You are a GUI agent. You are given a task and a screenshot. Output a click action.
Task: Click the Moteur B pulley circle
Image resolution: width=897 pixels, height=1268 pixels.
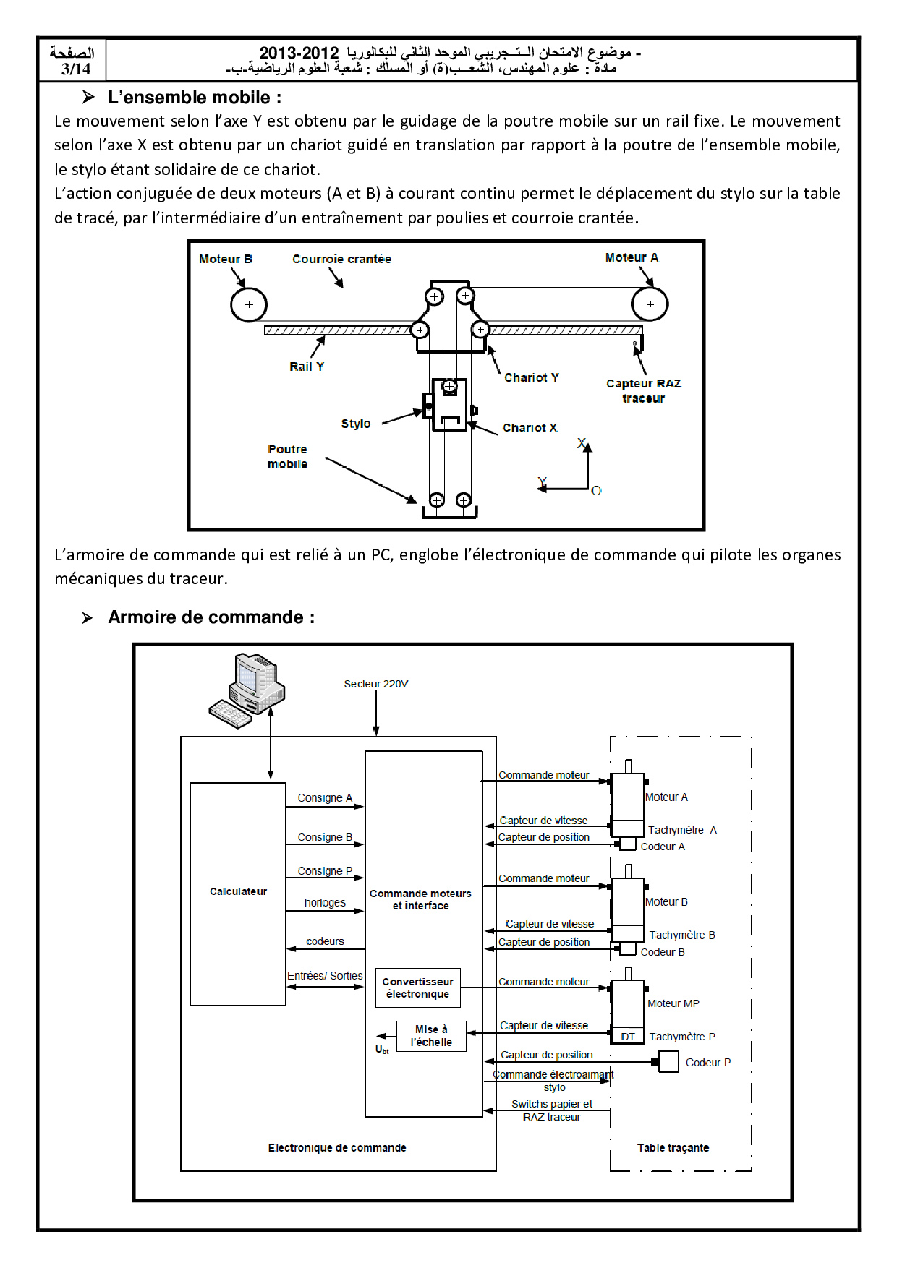[x=249, y=304]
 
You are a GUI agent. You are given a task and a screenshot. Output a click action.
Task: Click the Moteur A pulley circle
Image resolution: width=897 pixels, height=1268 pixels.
[x=650, y=304]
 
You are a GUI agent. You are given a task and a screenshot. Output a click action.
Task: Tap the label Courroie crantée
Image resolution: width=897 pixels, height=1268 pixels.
[x=341, y=259]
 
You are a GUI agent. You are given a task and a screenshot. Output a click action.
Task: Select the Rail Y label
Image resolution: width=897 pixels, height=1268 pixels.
[x=307, y=367]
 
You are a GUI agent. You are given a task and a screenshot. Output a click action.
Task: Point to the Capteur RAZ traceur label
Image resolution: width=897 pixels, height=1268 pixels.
[x=643, y=390]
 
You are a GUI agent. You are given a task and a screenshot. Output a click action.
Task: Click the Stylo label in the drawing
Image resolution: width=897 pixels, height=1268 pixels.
[x=355, y=424]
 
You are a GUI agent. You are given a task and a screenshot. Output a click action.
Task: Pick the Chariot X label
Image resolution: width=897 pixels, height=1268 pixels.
[x=530, y=428]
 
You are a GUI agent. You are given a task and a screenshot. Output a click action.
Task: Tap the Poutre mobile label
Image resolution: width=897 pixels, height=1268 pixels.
[x=287, y=457]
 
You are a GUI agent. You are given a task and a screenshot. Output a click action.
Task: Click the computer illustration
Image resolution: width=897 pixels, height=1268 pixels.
[x=247, y=690]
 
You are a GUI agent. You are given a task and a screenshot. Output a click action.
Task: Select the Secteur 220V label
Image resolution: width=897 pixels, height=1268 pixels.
[x=375, y=684]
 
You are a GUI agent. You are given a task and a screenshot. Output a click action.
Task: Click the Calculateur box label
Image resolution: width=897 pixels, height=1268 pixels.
[x=238, y=891]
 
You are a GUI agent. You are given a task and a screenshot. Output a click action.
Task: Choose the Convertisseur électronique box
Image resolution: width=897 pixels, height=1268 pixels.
[x=418, y=988]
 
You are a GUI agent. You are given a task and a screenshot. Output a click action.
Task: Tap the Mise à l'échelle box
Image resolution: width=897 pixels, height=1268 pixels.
[x=431, y=1036]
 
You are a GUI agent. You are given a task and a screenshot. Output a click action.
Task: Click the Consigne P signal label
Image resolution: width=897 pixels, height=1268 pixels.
[x=325, y=871]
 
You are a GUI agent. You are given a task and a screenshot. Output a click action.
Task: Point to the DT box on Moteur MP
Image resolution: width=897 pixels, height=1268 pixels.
[x=628, y=1037]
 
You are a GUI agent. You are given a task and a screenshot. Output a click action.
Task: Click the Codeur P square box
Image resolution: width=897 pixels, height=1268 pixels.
[x=668, y=1062]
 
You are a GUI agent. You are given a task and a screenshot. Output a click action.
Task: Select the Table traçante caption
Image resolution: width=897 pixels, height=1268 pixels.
[x=673, y=1148]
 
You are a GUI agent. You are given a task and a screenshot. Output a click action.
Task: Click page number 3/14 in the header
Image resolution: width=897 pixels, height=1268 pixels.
[x=76, y=69]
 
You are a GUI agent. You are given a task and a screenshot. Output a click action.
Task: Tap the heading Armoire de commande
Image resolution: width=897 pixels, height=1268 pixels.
[x=211, y=617]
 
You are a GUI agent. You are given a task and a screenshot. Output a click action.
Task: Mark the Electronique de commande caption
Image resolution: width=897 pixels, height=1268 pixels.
[x=337, y=1148]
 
